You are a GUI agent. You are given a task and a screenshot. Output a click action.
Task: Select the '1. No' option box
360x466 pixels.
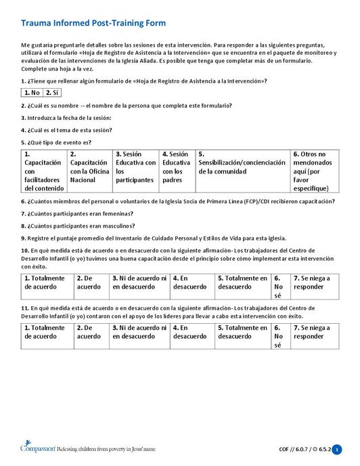click(32, 93)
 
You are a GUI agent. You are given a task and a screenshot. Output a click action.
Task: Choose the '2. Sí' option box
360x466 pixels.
click(52, 93)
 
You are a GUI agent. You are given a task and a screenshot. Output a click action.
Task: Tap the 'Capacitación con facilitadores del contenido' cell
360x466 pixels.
click(43, 171)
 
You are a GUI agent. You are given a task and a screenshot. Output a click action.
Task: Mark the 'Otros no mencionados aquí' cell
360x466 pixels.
click(315, 171)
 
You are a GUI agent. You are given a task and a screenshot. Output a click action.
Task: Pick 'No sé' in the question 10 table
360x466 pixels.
click(280, 287)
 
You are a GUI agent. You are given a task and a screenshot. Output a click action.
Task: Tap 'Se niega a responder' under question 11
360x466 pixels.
click(315, 332)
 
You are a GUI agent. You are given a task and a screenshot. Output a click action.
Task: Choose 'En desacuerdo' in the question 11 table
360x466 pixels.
click(192, 332)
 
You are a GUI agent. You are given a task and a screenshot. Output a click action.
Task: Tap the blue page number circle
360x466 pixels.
click(337, 450)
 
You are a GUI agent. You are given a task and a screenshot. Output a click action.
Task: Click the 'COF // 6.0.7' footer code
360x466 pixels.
click(294, 450)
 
